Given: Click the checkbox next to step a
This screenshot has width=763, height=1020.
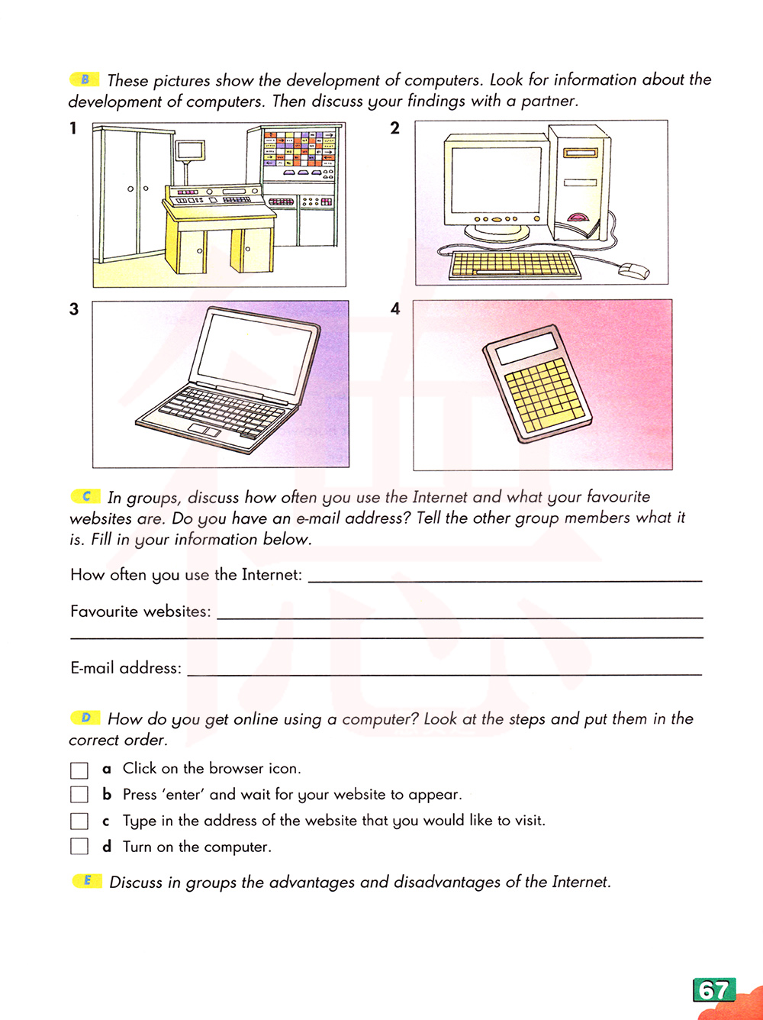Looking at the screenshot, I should pos(79,769).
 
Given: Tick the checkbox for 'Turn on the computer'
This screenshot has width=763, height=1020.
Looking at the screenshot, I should pos(79,847).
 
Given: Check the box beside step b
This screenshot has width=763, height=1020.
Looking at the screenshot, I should pos(79,795).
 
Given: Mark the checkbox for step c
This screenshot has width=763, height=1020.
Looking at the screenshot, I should pos(79,821).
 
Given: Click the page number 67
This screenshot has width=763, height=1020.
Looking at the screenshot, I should pos(713,990).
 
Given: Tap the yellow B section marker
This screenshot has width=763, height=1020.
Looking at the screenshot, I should pos(85,79).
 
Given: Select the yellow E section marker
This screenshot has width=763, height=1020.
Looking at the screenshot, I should pos(87,881).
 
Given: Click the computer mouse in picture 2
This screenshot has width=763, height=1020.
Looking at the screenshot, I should pos(634,270).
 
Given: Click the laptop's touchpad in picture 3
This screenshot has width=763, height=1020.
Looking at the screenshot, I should pos(204,431).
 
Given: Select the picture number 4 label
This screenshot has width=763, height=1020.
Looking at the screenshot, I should pos(394,309).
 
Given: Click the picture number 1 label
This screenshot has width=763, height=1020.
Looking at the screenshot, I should pos(73,128).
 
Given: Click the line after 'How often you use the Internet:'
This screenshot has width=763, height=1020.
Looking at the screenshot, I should pos(504,577).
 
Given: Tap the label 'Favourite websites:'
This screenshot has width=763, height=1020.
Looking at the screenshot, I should pos(140,612).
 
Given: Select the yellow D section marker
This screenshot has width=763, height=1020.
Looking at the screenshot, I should pos(85,718).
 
